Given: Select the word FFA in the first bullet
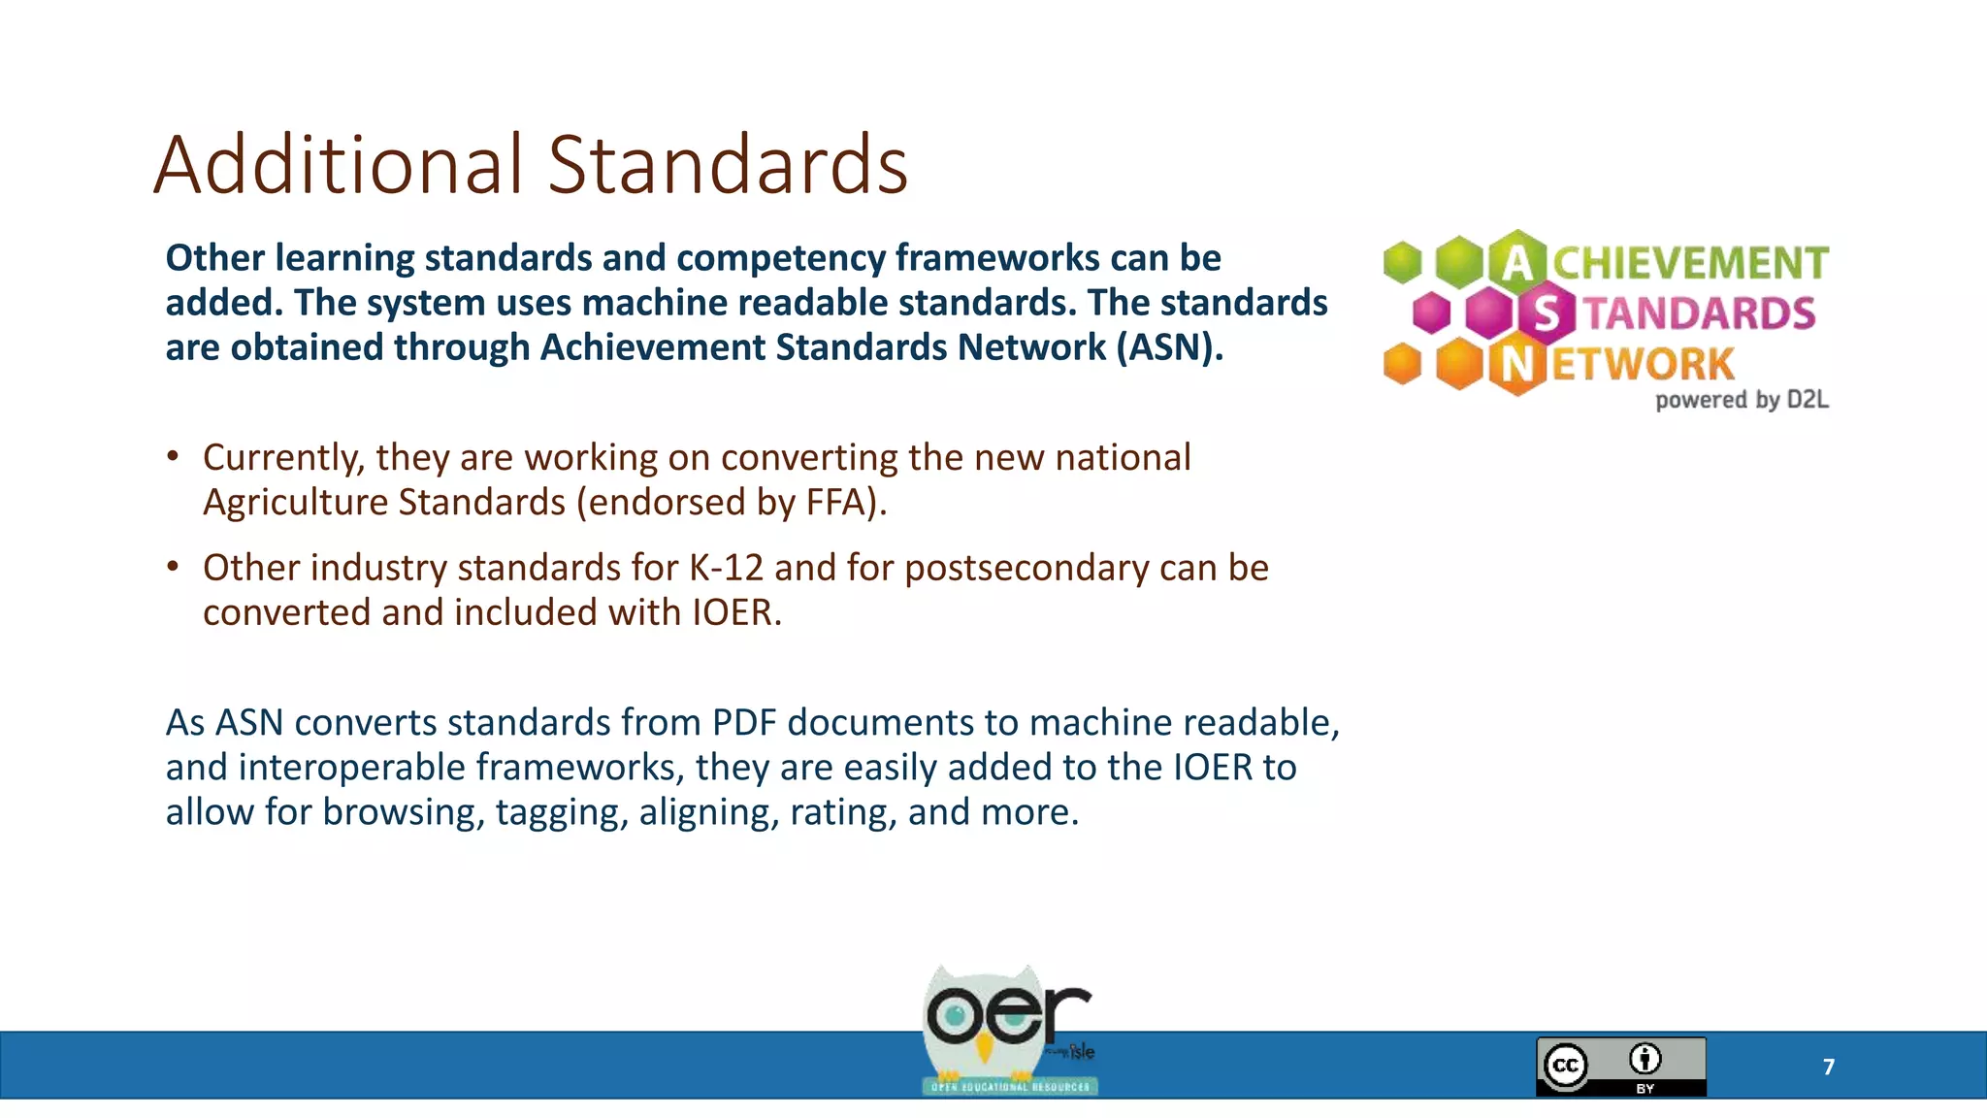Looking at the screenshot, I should (x=835, y=503).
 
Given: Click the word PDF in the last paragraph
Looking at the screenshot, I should (x=743, y=723).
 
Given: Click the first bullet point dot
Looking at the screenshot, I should (x=173, y=456).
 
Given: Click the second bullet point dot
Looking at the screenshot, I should (x=173, y=567).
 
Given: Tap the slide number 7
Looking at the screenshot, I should (x=1829, y=1067).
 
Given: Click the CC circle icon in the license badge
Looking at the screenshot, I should (x=1566, y=1066).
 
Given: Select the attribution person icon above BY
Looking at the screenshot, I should (x=1645, y=1058).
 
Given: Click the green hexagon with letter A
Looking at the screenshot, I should (x=1517, y=261).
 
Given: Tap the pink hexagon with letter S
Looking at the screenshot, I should (x=1547, y=312).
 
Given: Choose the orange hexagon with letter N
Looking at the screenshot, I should (x=1517, y=364).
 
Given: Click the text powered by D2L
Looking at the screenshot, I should (x=1742, y=400).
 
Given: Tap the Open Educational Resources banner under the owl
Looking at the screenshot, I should (x=1009, y=1086).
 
